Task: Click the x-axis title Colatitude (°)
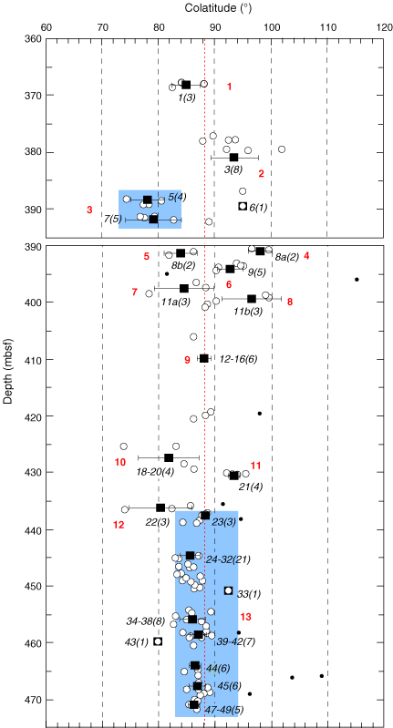point(213,7)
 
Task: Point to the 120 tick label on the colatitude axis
point(384,27)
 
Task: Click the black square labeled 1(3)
point(186,85)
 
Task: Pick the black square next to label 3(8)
point(233,158)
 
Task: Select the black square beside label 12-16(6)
point(203,358)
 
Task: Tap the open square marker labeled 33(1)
point(228,590)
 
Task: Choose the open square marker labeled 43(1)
point(158,641)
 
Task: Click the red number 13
point(246,617)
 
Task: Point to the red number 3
point(89,210)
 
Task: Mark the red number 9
point(187,360)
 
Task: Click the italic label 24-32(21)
point(228,559)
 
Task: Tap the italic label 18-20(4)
point(155,473)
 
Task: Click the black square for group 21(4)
point(233,476)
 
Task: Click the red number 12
point(119,525)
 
